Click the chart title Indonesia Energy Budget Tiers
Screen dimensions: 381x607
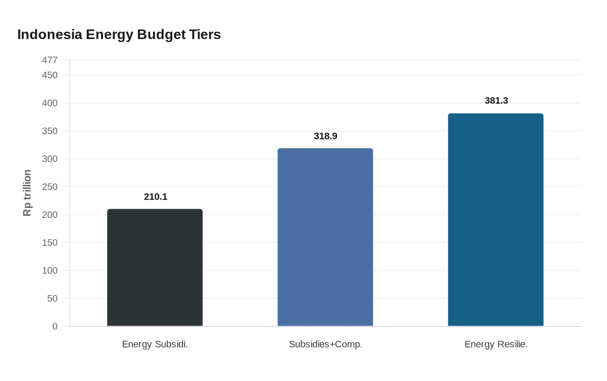point(119,35)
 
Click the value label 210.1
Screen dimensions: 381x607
point(155,197)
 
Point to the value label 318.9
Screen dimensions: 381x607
point(325,136)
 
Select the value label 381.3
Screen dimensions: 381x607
point(496,100)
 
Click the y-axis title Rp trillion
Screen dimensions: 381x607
point(27,193)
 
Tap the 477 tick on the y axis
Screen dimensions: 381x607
point(49,60)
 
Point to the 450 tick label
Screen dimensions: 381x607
point(49,75)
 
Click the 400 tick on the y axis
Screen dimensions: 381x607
point(49,103)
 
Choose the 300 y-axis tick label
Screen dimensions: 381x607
point(49,159)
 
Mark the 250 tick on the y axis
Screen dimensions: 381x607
point(49,187)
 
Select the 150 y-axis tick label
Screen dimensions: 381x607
point(49,243)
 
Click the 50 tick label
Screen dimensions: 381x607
point(52,299)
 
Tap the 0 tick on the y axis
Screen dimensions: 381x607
point(55,326)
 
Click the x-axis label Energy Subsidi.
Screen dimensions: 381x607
point(155,344)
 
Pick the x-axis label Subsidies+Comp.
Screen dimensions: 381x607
point(325,344)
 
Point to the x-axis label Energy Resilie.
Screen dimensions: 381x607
point(496,344)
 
